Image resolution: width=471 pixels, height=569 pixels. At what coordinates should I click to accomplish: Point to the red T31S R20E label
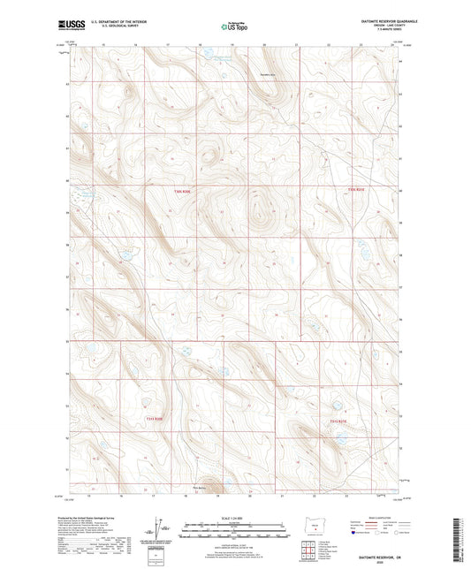point(154,417)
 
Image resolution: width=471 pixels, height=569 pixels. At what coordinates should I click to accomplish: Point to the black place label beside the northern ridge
point(268,74)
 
